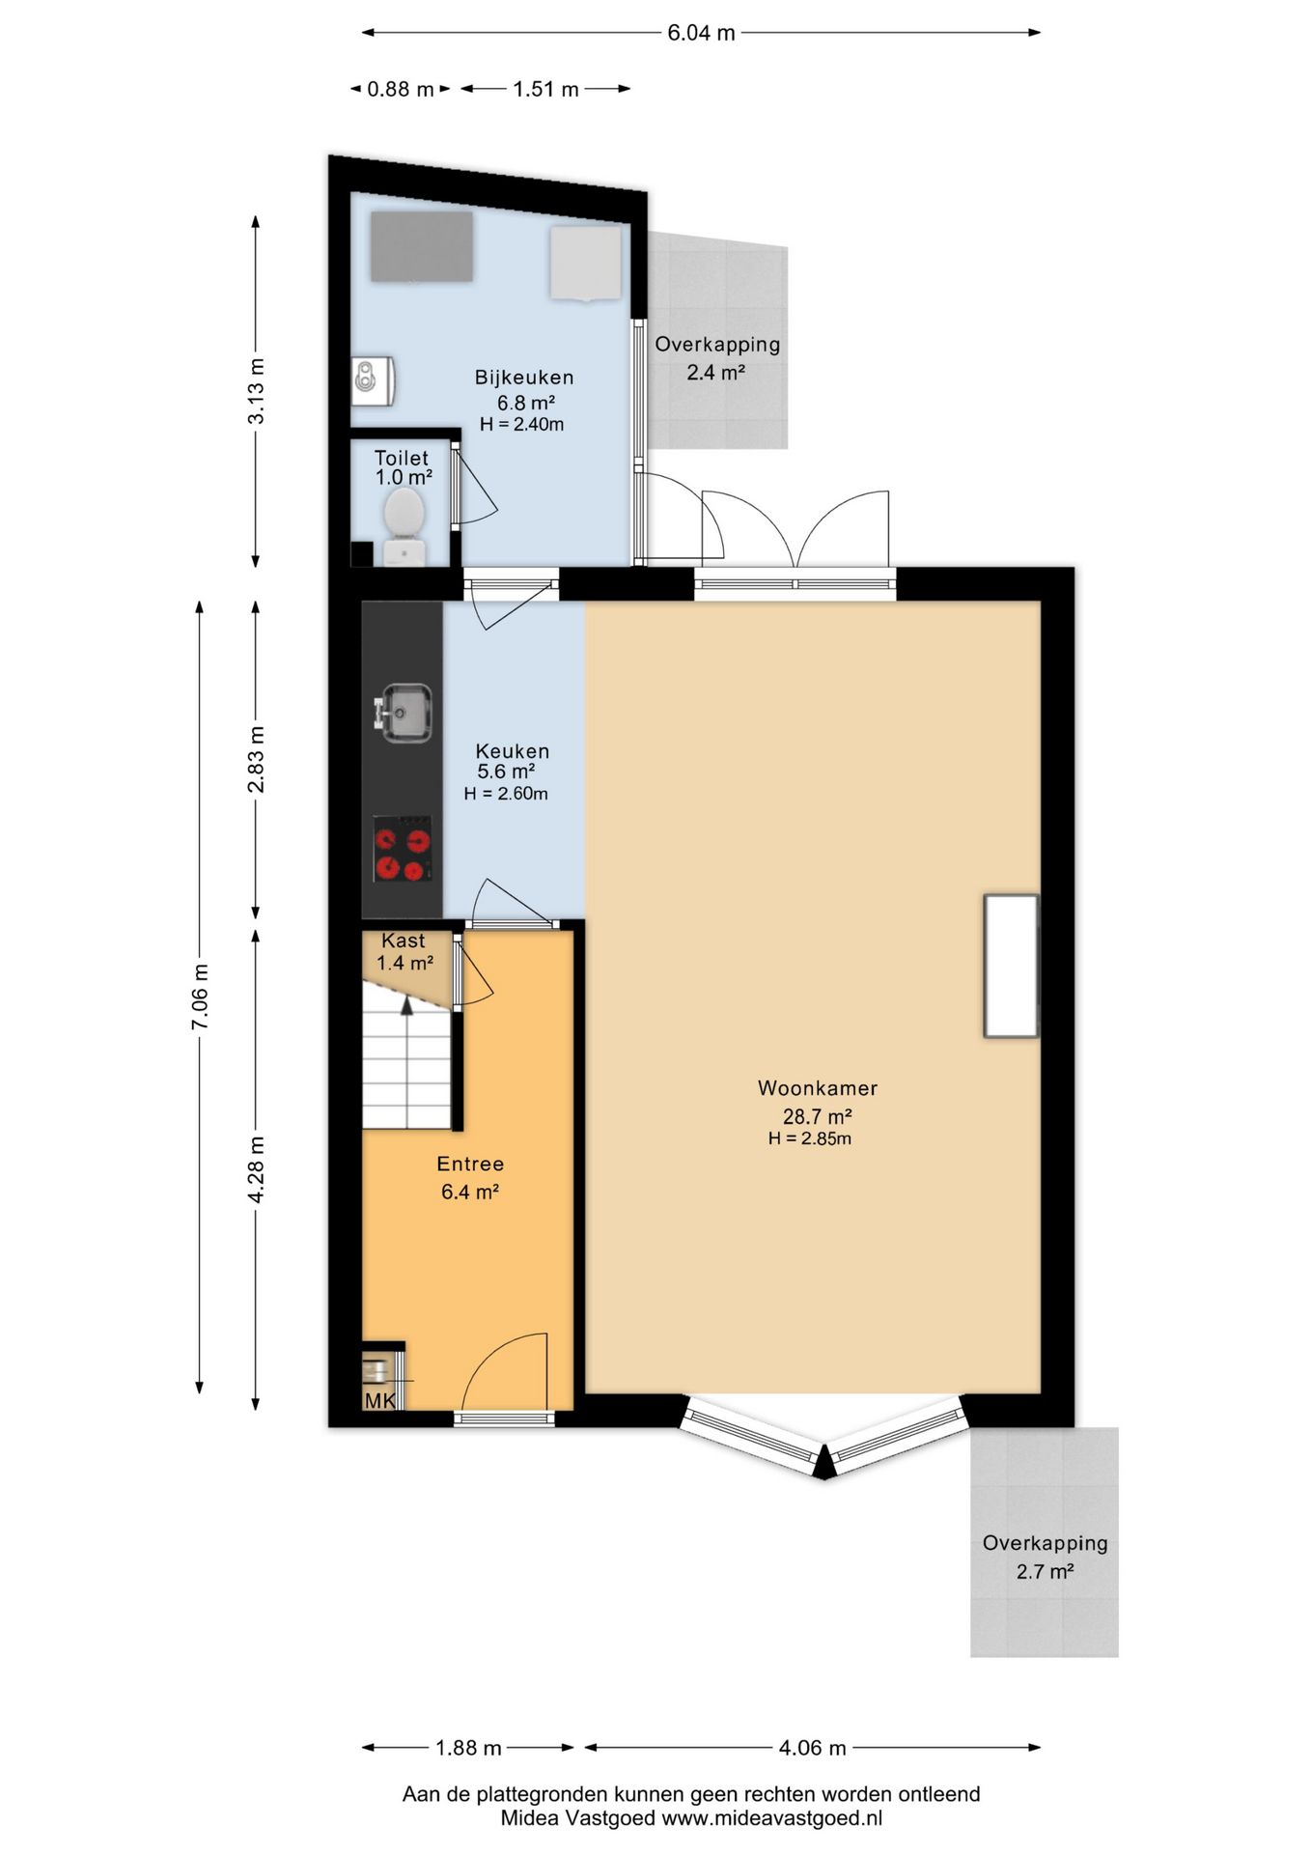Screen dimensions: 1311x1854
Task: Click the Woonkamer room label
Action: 818,1088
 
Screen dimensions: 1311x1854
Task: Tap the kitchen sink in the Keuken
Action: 404,714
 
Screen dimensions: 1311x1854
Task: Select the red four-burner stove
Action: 403,849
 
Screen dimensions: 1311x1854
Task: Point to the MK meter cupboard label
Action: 379,1399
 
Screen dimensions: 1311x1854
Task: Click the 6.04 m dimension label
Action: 702,33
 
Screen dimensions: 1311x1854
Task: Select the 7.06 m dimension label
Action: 200,997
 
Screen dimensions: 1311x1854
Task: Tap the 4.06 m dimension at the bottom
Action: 813,1748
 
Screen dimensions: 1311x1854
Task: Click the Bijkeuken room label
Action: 524,378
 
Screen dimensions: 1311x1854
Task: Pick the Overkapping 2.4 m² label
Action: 717,357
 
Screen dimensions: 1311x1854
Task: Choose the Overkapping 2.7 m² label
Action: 1046,1557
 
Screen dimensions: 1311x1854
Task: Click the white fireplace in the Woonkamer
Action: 1011,966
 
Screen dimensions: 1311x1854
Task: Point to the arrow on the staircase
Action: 407,1004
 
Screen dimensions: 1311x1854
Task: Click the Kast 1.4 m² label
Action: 404,951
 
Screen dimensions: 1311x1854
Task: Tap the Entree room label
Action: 470,1165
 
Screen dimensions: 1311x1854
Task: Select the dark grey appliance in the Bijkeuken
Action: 422,246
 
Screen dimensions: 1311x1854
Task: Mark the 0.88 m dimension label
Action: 401,89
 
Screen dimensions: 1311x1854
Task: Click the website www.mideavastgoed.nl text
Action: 772,1818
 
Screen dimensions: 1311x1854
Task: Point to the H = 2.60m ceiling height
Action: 506,794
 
